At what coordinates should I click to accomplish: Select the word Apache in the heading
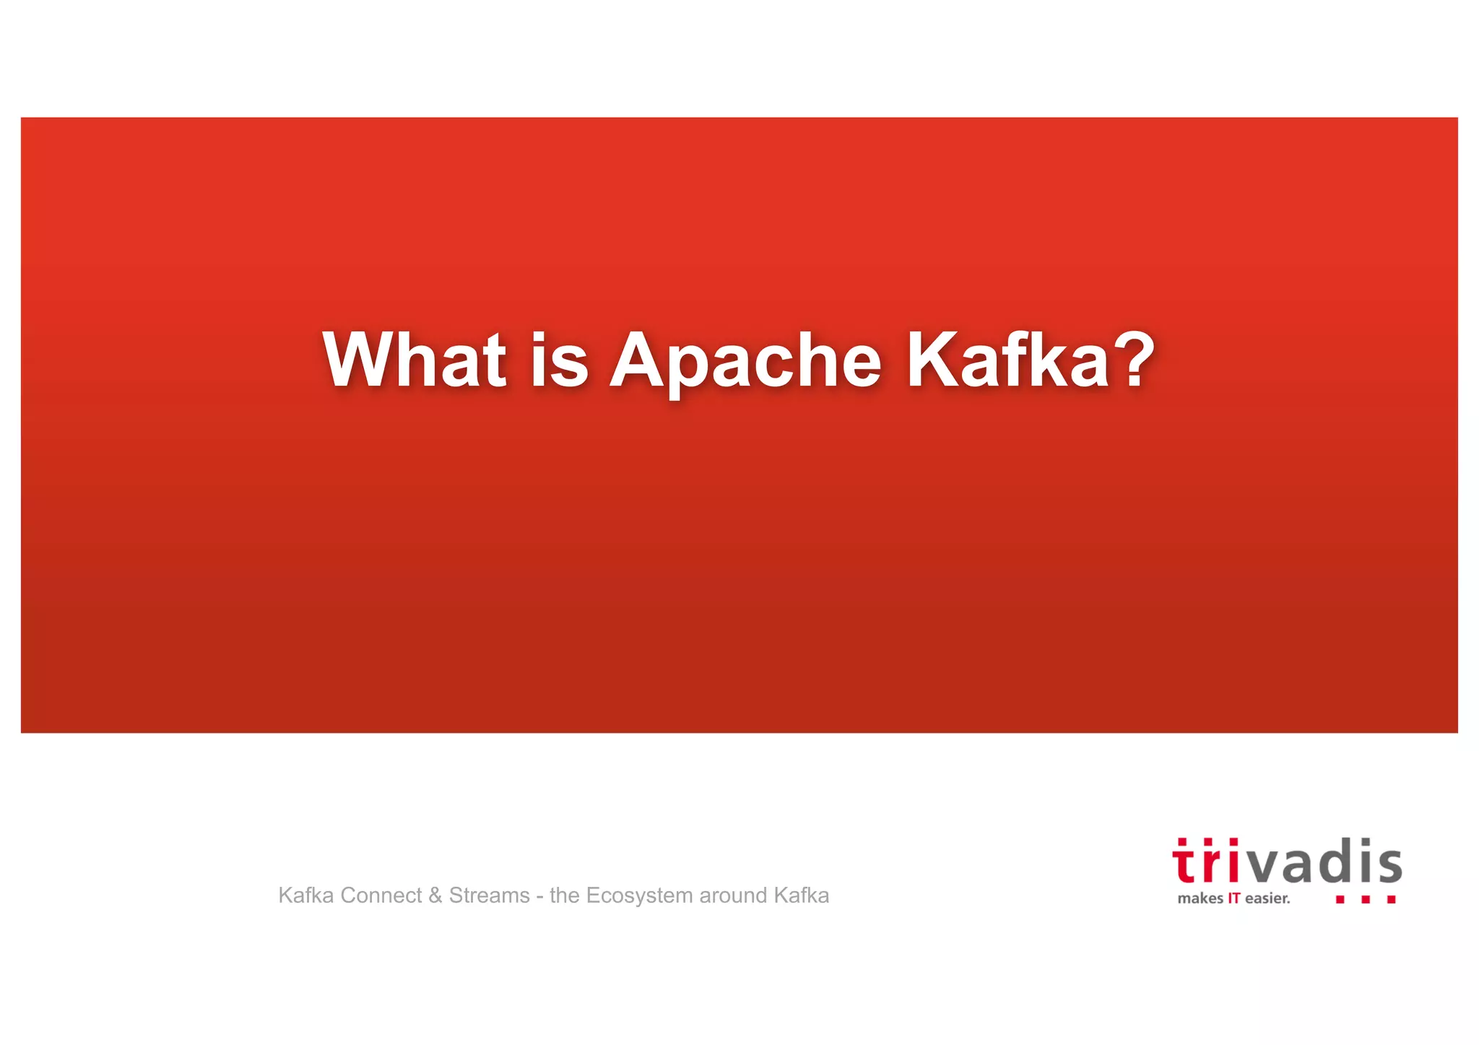(x=745, y=361)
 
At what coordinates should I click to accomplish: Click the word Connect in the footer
(x=381, y=896)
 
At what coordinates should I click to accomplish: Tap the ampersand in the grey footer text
(x=435, y=896)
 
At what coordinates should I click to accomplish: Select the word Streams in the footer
(x=489, y=896)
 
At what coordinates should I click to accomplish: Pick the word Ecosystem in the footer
(x=639, y=896)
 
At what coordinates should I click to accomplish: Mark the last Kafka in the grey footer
(x=802, y=896)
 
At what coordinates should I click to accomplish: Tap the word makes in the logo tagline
(x=1200, y=898)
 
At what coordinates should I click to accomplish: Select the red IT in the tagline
(x=1233, y=898)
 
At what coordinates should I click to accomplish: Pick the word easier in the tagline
(x=1267, y=898)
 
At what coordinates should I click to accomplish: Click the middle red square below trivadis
(x=1365, y=900)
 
